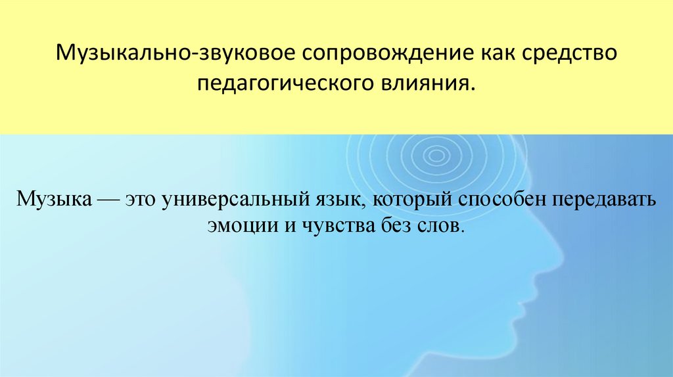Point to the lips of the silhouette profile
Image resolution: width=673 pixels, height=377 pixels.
coord(523,303)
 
